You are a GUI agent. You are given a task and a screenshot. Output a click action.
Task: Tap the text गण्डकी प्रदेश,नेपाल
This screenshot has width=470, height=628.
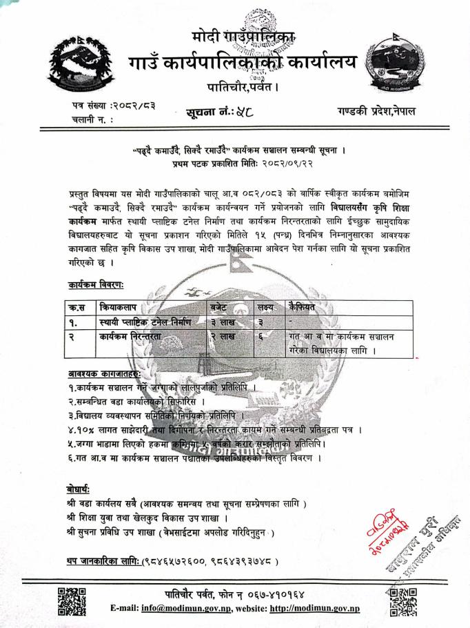pyautogui.click(x=377, y=111)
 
